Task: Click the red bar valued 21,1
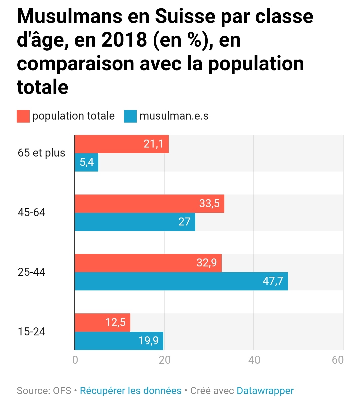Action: tap(122, 144)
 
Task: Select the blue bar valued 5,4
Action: tap(86, 162)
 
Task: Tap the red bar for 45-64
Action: tap(149, 203)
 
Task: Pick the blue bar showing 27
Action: tap(135, 222)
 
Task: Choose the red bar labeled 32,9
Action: tap(148, 263)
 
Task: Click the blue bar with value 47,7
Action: tap(181, 281)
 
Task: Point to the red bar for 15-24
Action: tap(102, 322)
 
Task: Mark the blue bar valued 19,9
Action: tap(119, 341)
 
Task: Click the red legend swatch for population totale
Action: tap(23, 116)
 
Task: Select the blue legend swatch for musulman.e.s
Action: tap(130, 116)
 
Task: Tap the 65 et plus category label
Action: tap(41, 153)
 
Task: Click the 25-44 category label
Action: tap(31, 272)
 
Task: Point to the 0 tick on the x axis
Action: tap(75, 360)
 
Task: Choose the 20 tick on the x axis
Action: tap(165, 360)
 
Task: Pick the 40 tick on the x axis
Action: tap(254, 360)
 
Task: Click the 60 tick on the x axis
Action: tap(338, 360)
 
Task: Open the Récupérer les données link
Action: tap(131, 391)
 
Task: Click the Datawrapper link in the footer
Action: tap(265, 391)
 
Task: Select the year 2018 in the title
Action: tap(124, 40)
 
